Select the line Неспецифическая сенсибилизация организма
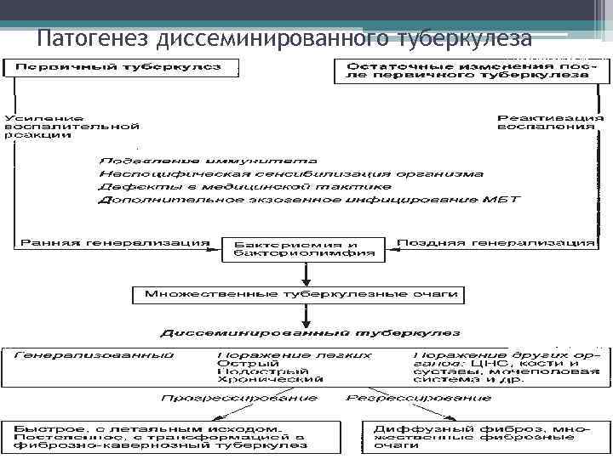pyautogui.click(x=290, y=173)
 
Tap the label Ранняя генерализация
pyautogui.click(x=112, y=242)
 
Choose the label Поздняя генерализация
pyautogui.click(x=495, y=242)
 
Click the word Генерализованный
pyautogui.click(x=95, y=354)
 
